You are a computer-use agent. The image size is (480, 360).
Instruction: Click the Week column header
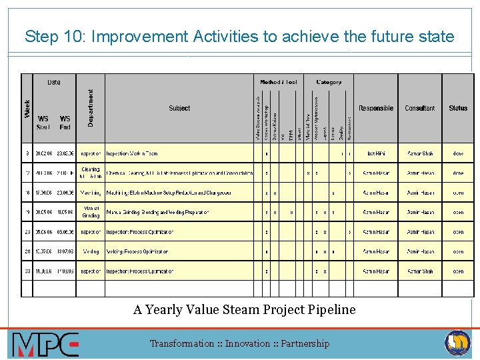[x=27, y=109]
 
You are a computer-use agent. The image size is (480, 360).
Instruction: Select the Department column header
[x=91, y=109]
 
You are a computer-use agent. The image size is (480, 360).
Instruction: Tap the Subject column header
[x=179, y=108]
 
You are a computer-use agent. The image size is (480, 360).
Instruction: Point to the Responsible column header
[x=376, y=108]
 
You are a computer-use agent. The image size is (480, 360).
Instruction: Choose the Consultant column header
[x=420, y=108]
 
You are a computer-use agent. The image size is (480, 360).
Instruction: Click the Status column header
[x=458, y=108]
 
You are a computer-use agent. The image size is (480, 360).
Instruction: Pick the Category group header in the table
[x=329, y=82]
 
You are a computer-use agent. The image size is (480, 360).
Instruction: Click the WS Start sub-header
[x=43, y=123]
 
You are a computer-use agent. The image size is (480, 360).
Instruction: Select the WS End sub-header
[x=65, y=123]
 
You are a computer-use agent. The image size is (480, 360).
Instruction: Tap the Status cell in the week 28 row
[x=458, y=252]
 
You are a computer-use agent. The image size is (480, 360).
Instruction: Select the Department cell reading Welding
[x=91, y=252]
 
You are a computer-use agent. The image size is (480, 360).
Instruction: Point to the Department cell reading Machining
[x=91, y=193]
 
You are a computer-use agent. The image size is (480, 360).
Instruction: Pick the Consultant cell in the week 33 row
[x=420, y=272]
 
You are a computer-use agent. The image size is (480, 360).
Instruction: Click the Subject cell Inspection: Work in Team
[x=132, y=154]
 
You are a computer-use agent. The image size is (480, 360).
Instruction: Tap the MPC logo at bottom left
[x=45, y=344]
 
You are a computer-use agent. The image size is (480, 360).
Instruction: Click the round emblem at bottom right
[x=457, y=343]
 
